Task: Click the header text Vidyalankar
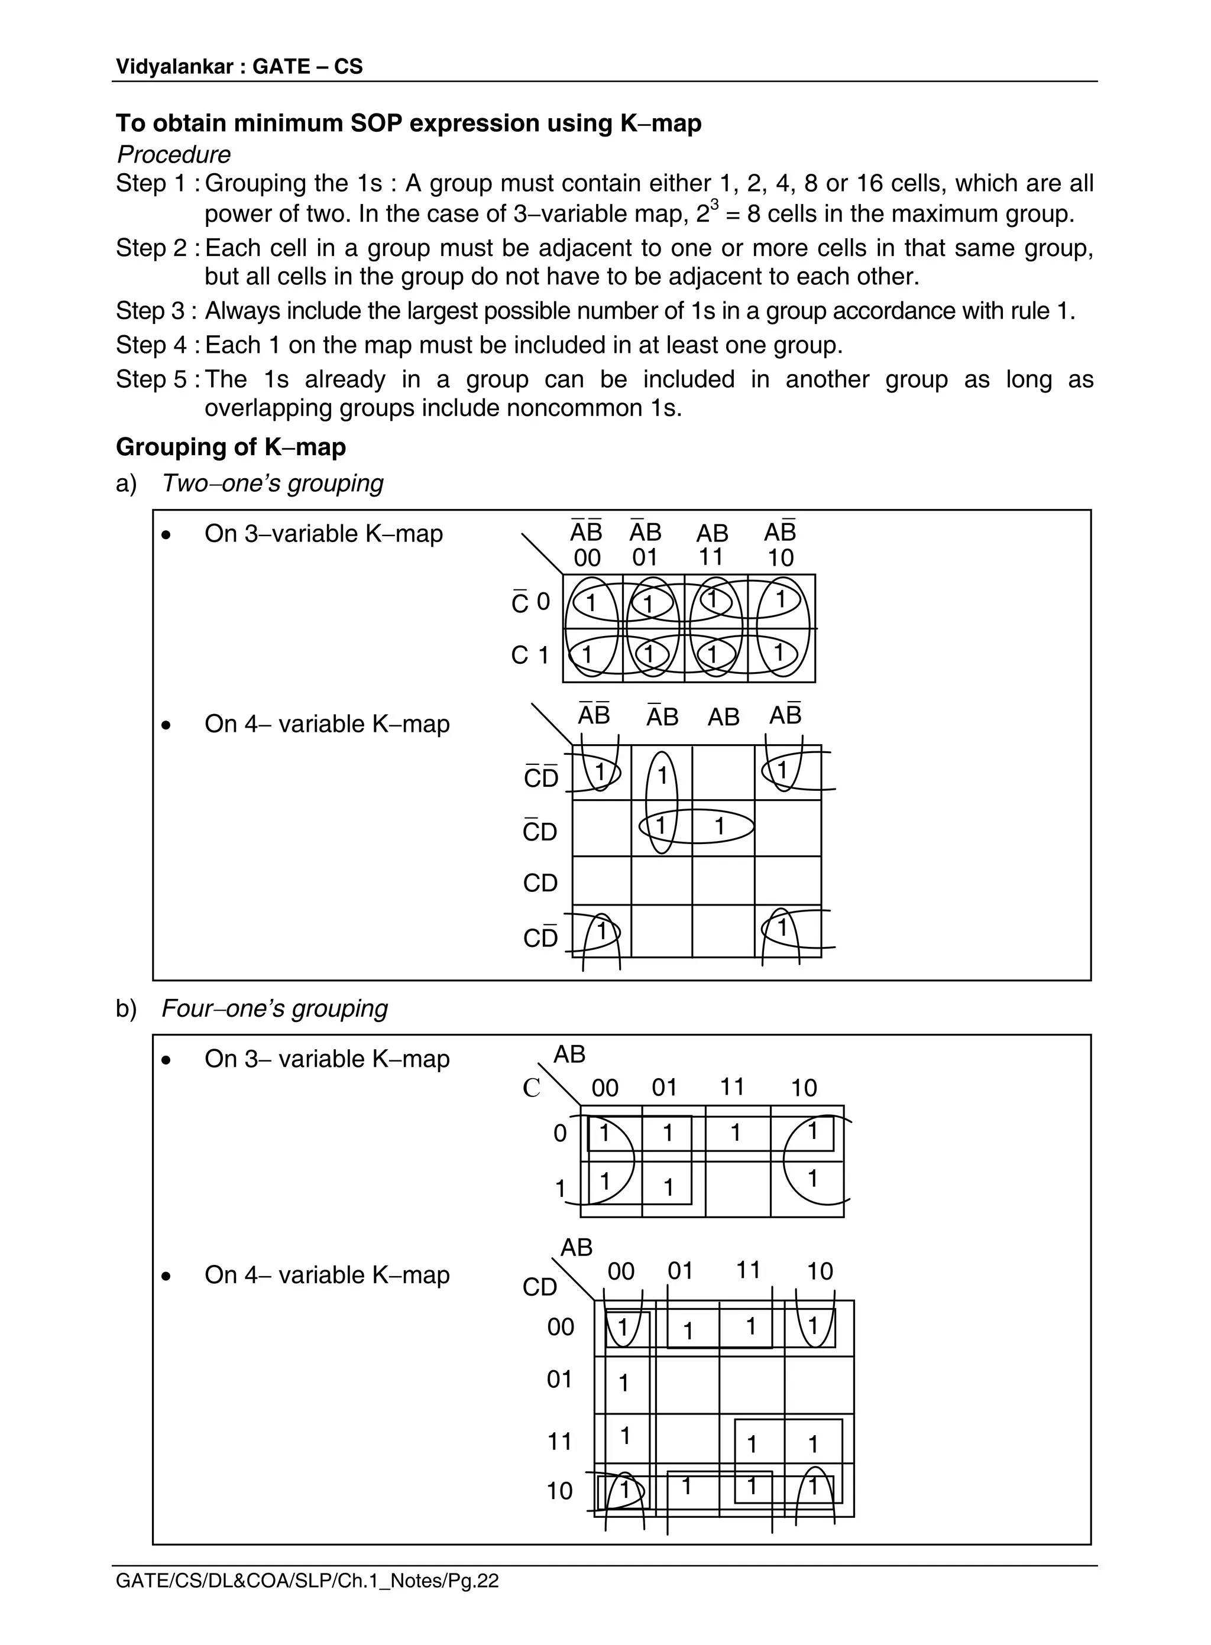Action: [174, 67]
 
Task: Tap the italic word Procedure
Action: [174, 155]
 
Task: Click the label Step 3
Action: [153, 311]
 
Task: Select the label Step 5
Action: [153, 379]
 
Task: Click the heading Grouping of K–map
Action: [230, 447]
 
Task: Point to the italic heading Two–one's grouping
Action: [272, 483]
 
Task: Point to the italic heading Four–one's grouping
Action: [274, 1008]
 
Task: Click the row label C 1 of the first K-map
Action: [529, 655]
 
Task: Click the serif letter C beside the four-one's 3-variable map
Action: [532, 1088]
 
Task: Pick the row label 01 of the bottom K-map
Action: [559, 1380]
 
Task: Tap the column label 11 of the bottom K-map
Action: [748, 1270]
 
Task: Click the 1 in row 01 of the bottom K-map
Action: [624, 1383]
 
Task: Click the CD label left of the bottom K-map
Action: [539, 1287]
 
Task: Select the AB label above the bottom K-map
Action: [576, 1247]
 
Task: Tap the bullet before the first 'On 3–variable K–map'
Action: [167, 536]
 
